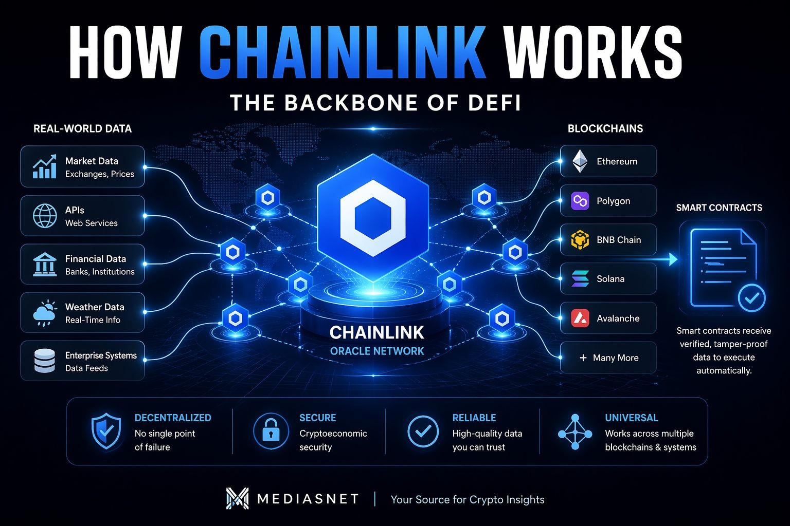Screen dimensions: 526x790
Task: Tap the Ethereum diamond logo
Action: (580, 161)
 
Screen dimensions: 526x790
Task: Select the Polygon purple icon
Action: (580, 201)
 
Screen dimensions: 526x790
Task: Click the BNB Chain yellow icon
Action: (580, 240)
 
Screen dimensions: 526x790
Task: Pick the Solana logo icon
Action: (580, 279)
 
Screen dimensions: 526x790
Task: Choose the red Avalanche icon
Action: (580, 318)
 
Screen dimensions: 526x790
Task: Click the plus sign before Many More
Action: (583, 358)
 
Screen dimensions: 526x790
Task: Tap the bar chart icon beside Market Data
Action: (44, 167)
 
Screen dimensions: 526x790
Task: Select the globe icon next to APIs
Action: (45, 216)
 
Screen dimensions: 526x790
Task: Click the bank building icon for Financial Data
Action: (45, 264)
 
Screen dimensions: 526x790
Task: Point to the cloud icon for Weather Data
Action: (45, 313)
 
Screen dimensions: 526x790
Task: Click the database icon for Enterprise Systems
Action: (45, 361)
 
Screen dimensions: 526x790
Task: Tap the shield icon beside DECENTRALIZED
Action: (106, 431)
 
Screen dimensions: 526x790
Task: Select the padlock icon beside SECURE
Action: (271, 431)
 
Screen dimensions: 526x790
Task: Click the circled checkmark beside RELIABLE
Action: (423, 431)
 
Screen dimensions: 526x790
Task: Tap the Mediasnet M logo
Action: (237, 499)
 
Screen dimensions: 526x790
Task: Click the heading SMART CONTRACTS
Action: (719, 208)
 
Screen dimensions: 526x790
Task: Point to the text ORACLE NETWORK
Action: (377, 351)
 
